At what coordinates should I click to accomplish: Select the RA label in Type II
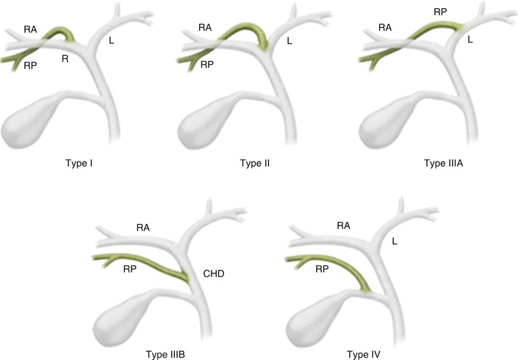pyautogui.click(x=205, y=28)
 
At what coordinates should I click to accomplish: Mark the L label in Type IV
pyautogui.click(x=396, y=240)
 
